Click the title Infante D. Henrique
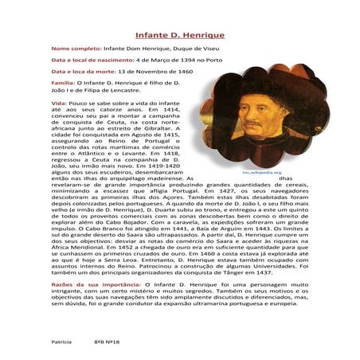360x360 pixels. tap(180, 36)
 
